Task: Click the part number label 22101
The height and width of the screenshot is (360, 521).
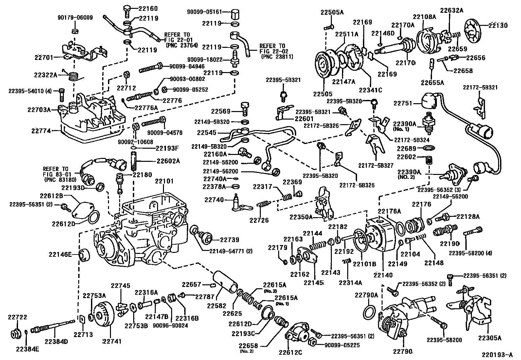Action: tap(164, 181)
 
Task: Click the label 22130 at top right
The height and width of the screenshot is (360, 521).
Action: tap(498, 26)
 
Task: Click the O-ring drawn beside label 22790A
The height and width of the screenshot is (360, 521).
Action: tap(370, 313)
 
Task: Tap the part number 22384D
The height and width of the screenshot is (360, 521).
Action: tap(56, 341)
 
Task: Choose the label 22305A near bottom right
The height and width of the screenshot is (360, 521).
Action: tap(490, 338)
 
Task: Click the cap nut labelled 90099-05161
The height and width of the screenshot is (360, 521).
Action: tap(235, 14)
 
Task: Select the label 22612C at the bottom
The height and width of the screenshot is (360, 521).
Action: tap(290, 352)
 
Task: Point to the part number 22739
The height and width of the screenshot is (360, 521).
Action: tap(229, 240)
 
